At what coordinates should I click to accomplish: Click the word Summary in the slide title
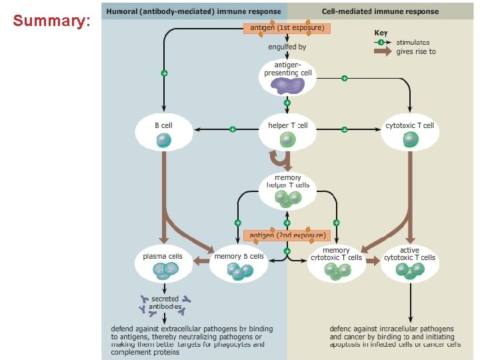[x=51, y=21]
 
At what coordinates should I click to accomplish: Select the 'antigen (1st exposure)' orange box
[x=287, y=28]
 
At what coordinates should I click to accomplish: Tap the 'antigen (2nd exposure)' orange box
[x=287, y=235]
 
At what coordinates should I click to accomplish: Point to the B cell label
[x=163, y=125]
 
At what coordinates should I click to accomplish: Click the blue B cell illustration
[x=163, y=141]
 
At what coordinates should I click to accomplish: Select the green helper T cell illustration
[x=287, y=140]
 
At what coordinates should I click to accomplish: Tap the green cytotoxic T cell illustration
[x=410, y=139]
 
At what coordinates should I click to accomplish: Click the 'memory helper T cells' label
[x=288, y=181]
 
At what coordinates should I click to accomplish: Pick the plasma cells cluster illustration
[x=163, y=269]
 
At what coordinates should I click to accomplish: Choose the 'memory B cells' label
[x=239, y=256]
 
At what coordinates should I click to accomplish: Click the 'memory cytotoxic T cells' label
[x=337, y=254]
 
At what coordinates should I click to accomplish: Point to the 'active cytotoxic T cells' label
[x=409, y=254]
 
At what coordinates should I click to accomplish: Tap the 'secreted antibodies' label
[x=165, y=303]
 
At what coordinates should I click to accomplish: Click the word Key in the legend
[x=381, y=33]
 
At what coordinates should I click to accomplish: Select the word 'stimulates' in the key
[x=413, y=42]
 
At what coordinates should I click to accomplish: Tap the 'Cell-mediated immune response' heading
[x=380, y=11]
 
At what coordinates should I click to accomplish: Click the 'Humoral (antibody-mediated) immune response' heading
[x=193, y=11]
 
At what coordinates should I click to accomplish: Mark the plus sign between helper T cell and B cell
[x=232, y=129]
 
